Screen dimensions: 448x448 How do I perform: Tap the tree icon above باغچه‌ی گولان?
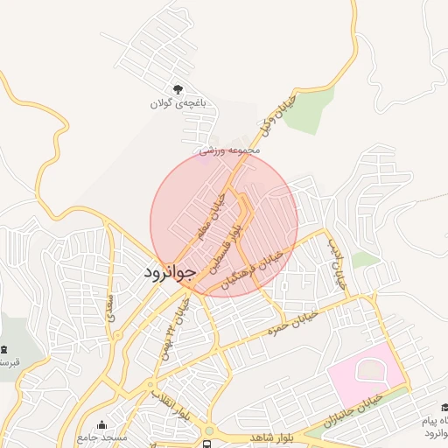(178, 89)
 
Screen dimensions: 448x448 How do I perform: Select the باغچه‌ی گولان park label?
(178, 103)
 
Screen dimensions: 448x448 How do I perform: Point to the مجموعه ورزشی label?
(230, 150)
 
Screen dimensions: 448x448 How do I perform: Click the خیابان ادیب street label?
(337, 265)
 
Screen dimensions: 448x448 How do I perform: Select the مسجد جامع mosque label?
(102, 437)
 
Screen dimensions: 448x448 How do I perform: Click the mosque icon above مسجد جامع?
(102, 424)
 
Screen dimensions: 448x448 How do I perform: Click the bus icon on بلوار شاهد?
(208, 431)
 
